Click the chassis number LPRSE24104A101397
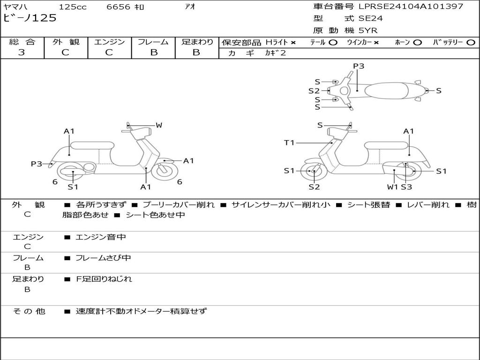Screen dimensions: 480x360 pos(411,7)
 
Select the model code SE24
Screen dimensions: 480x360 pos(371,19)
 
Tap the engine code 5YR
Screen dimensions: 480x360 pos(368,30)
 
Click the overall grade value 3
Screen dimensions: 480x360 pos(22,52)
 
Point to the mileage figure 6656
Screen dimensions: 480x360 pos(119,7)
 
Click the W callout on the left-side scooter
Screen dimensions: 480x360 pos(159,125)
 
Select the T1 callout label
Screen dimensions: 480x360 pos(289,142)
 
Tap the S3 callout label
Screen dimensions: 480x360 pos(406,187)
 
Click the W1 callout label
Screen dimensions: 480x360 pos(392,187)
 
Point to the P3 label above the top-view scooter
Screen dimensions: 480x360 pos(359,66)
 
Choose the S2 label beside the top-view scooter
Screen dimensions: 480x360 pos(314,91)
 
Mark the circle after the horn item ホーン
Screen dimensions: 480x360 pos(418,42)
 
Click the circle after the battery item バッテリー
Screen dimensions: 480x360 pos(471,42)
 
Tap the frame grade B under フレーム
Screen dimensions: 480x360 pos(154,52)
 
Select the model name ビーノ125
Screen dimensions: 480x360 pos(30,18)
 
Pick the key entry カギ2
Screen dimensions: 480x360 pos(276,53)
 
